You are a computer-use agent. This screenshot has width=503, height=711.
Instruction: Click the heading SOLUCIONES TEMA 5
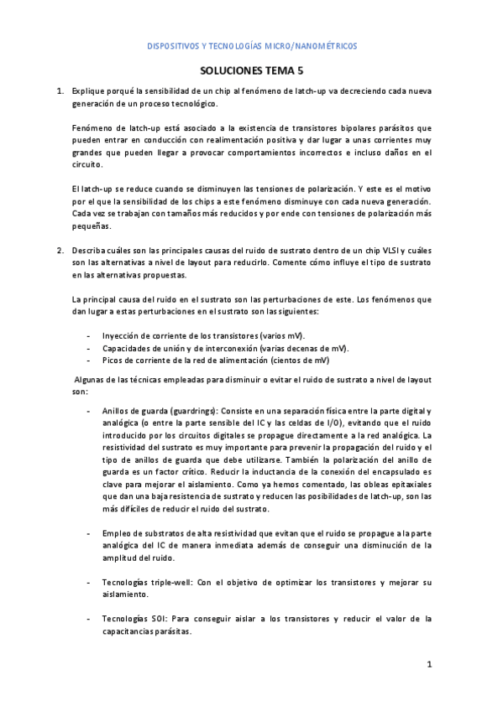coord(251,73)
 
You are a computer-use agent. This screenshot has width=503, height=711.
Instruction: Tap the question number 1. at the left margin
coord(60,89)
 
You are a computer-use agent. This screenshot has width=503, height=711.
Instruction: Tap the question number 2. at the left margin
coord(60,251)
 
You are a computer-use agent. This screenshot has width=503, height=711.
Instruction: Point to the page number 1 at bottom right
coord(429,665)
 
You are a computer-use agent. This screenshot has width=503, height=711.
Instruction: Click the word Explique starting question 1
coord(87,89)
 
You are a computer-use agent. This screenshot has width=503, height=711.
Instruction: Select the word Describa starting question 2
coord(89,251)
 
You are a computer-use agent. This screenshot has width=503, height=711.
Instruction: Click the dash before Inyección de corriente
coord(89,336)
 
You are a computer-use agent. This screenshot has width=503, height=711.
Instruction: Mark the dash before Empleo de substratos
coord(89,533)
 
